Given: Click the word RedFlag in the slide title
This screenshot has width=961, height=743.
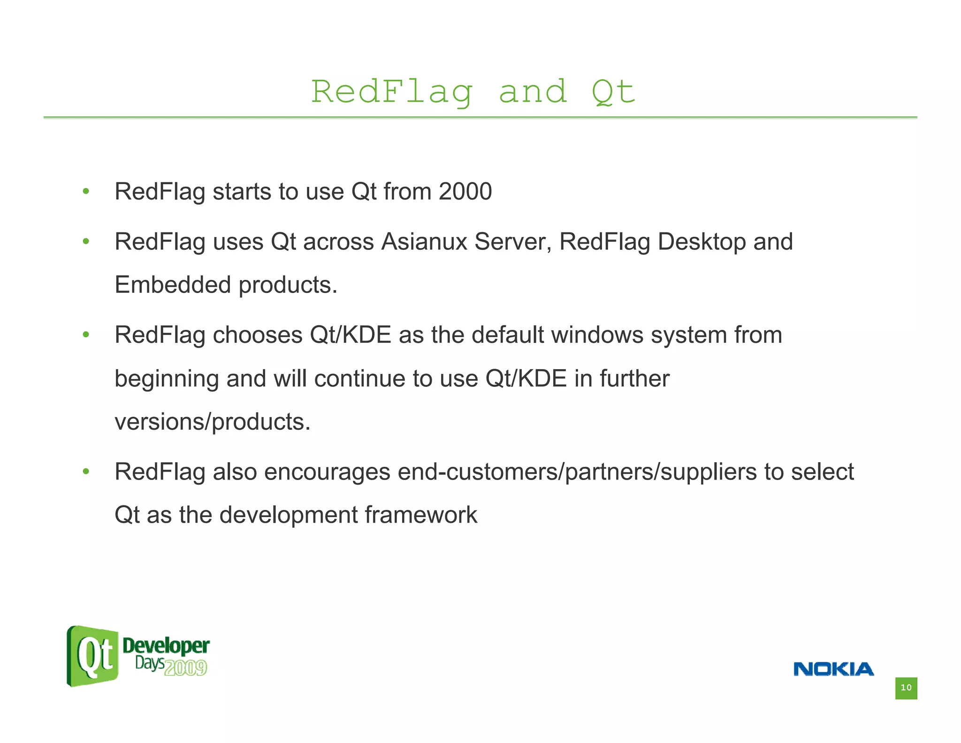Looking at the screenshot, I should pyautogui.click(x=392, y=92).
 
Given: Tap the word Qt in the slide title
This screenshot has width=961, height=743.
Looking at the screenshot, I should pyautogui.click(x=613, y=92).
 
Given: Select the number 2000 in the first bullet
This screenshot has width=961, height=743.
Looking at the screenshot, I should pyautogui.click(x=465, y=192).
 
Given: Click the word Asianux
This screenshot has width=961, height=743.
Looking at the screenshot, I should pyautogui.click(x=424, y=242).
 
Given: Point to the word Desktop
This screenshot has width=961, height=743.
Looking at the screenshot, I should pyautogui.click(x=702, y=242).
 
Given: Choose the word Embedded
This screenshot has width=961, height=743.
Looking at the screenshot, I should pyautogui.click(x=173, y=285).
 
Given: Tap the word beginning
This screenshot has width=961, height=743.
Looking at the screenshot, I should pyautogui.click(x=167, y=379).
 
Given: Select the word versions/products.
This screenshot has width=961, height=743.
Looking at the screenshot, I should pyautogui.click(x=213, y=422).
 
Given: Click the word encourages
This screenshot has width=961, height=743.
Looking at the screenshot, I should pyautogui.click(x=327, y=472).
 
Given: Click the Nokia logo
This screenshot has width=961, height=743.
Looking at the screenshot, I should pyautogui.click(x=833, y=669).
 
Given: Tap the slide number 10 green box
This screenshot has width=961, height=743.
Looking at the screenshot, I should pyautogui.click(x=906, y=688).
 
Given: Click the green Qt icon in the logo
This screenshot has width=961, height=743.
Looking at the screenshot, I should pyautogui.click(x=93, y=656).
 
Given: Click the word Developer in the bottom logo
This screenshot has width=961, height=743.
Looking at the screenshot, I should pyautogui.click(x=166, y=646).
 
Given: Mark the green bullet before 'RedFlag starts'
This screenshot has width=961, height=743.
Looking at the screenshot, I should pyautogui.click(x=86, y=192).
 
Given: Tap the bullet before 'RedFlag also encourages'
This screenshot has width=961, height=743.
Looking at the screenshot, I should pyautogui.click(x=86, y=472).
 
